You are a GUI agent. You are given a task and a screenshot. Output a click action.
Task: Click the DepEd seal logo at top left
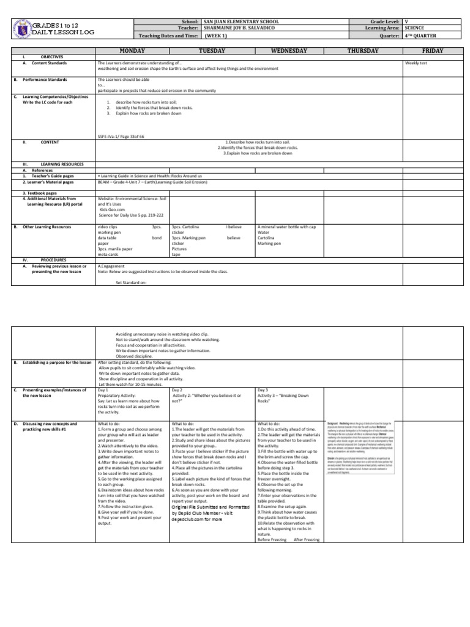coord(21,28)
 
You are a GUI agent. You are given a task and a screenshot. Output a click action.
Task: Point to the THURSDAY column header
coord(363,51)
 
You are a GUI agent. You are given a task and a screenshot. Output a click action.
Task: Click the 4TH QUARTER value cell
coord(422,35)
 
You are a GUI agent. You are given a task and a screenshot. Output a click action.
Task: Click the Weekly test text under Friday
coord(416,63)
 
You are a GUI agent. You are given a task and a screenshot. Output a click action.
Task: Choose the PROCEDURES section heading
coord(53,260)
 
